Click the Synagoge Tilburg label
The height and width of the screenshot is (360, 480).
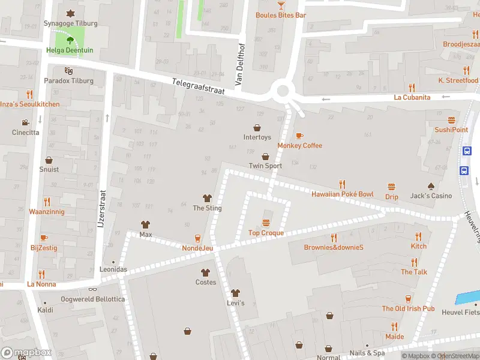pos(70,23)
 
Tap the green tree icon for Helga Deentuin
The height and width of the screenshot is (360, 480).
pos(70,41)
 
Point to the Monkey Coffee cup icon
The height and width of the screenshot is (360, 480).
pos(299,136)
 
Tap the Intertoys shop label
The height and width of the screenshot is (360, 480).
pos(257,137)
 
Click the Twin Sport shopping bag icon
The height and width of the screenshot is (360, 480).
pos(265,157)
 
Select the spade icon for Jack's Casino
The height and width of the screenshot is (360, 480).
pos(431,186)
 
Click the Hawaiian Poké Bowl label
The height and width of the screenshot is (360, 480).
pos(342,194)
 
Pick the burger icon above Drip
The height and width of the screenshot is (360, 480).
pos(392,187)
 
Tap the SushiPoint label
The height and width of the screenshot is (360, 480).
pos(451,130)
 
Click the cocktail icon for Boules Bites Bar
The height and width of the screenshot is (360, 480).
pos(281,5)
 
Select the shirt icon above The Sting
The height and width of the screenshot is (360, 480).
pos(207,199)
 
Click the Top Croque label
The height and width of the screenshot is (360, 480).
pos(266,233)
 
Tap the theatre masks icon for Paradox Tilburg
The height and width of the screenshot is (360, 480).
pos(68,71)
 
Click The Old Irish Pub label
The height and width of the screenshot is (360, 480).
pos(408,308)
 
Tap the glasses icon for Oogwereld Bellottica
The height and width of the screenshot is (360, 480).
pos(93,289)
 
